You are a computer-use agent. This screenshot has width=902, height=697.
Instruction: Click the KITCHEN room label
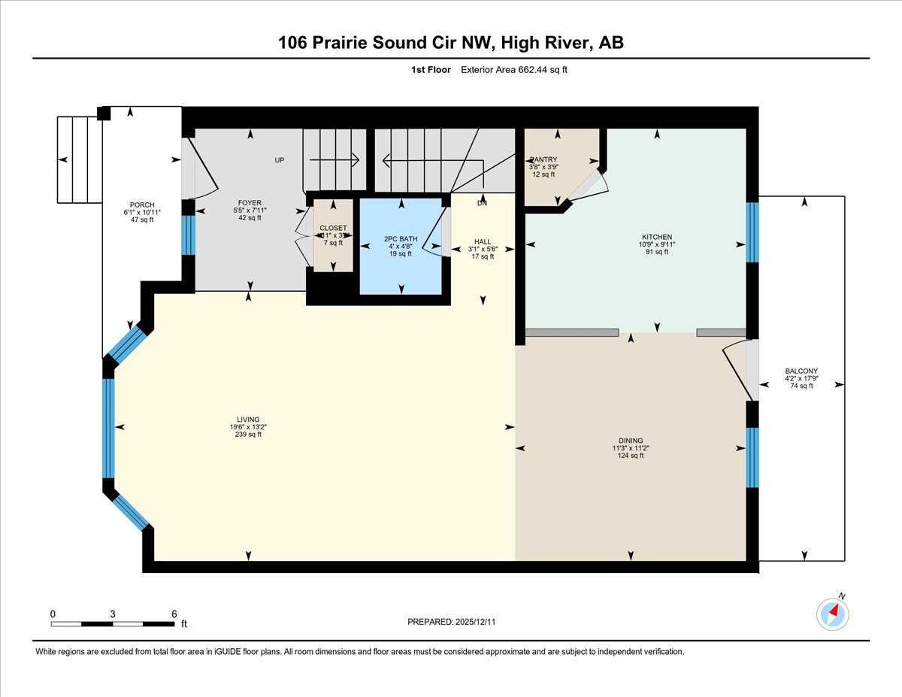(656, 237)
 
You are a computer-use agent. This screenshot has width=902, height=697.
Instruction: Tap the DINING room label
(631, 441)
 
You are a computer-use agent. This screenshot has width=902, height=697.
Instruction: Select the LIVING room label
(248, 420)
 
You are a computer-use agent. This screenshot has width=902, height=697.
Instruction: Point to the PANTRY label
(543, 159)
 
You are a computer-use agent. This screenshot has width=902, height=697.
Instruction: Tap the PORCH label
(141, 205)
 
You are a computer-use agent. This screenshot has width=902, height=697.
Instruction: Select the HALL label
(482, 241)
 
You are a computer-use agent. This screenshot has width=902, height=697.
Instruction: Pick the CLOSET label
(333, 228)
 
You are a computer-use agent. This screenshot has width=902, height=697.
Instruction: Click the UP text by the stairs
(279, 159)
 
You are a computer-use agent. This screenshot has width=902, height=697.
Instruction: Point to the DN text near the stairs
(482, 203)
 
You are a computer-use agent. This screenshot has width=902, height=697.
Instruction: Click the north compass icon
(832, 613)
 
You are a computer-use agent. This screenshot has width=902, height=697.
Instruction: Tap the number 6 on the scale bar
(174, 614)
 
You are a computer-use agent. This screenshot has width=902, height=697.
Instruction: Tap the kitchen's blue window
(752, 232)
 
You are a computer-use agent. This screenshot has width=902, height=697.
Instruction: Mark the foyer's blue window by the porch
(188, 235)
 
